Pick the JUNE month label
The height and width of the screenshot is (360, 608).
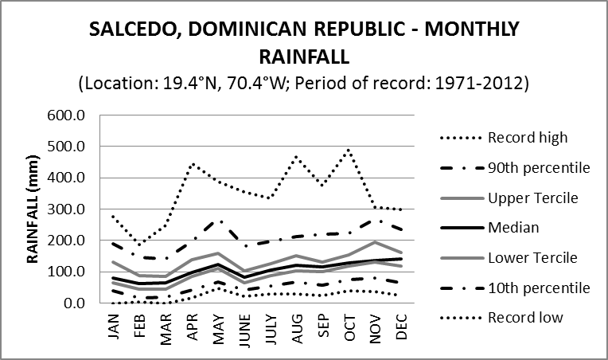coord(245,327)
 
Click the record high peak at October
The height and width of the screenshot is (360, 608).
coord(349,149)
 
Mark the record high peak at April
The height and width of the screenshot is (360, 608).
coord(193,164)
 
